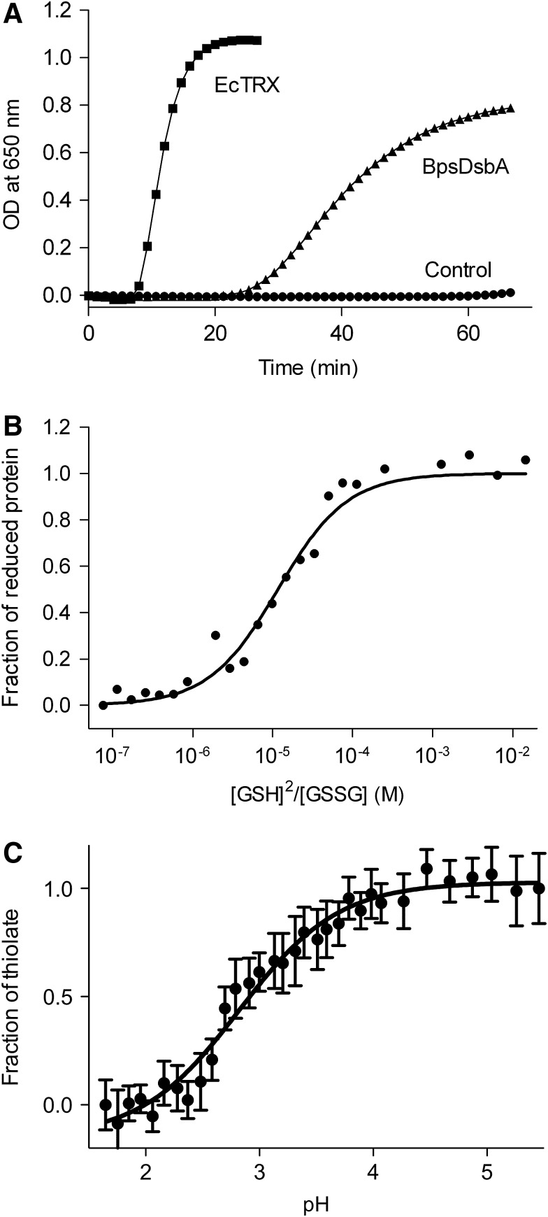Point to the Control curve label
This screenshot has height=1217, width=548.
tap(458, 269)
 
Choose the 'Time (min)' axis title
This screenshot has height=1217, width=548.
tap(308, 367)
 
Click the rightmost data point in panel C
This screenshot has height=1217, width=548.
tap(538, 888)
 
